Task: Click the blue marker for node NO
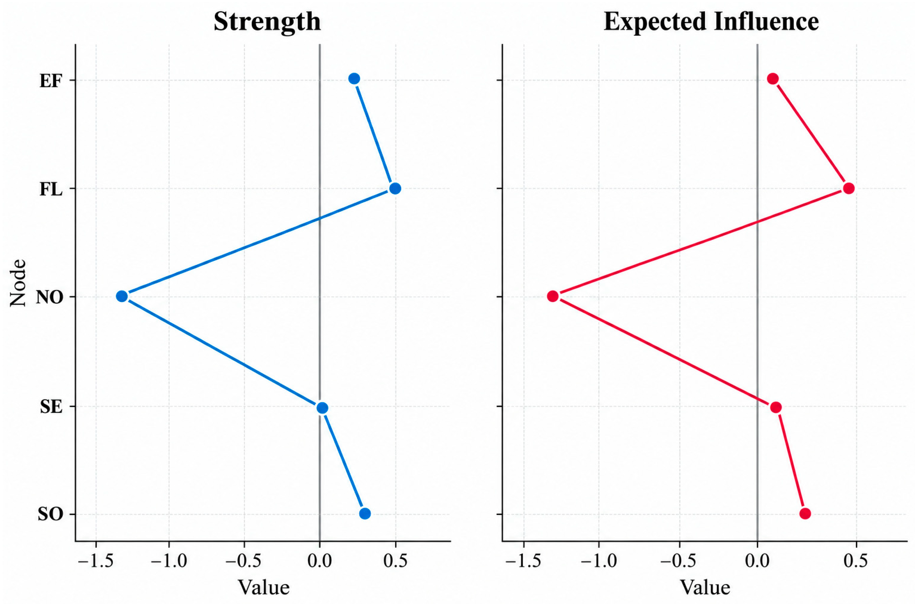122,296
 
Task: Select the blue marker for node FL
395,188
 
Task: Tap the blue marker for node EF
354,79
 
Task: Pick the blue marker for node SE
323,408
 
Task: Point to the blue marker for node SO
365,513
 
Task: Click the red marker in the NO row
553,296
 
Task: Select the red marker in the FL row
849,188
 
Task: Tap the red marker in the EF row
773,79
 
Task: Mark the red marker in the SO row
805,513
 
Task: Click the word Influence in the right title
766,21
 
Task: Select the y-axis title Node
18,283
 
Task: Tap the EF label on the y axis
51,82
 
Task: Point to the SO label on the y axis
50,515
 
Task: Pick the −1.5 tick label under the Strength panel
95,561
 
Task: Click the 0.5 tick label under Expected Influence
856,561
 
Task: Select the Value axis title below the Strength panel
264,588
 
